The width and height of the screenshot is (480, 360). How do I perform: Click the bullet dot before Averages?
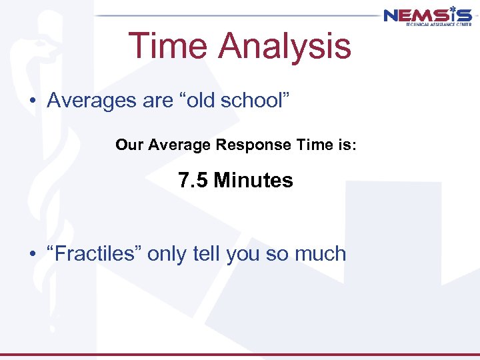32,101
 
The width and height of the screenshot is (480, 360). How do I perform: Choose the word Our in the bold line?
127,145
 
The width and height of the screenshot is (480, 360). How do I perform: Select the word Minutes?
254,180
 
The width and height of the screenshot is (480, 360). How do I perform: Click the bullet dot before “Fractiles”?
32,254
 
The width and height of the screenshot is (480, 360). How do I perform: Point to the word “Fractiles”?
94,253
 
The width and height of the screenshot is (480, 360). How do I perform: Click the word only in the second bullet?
166,253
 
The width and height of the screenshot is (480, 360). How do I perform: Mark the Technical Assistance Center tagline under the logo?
437,23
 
